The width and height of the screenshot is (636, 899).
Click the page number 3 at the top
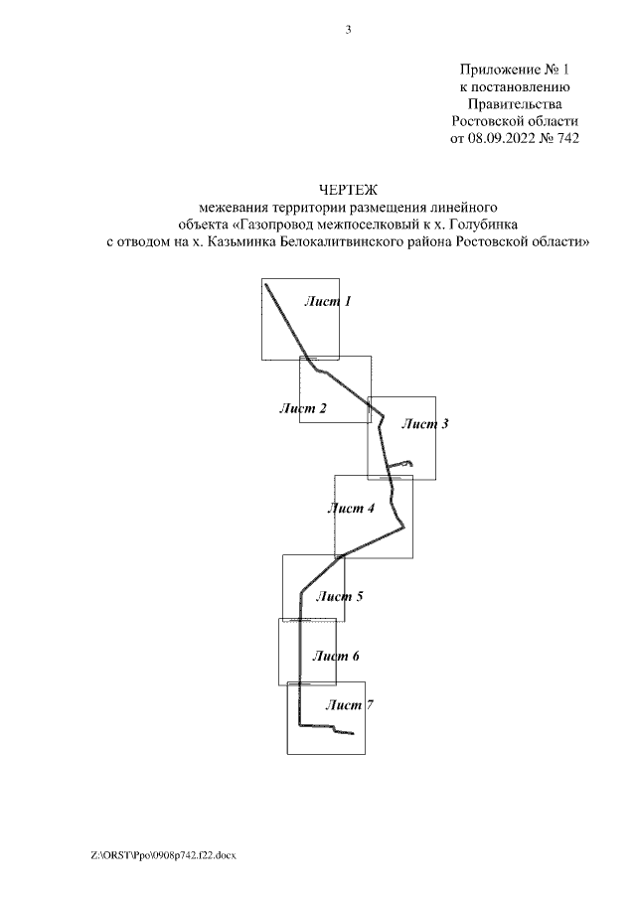[348, 29]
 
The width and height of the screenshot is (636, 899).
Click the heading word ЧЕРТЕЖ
[348, 189]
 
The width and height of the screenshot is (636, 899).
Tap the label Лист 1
[328, 301]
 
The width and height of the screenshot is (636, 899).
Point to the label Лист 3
[424, 424]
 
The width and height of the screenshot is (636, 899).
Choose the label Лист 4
[351, 509]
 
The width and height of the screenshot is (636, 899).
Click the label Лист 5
[339, 597]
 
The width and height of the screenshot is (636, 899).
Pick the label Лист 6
[335, 657]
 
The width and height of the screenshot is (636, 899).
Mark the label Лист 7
[349, 705]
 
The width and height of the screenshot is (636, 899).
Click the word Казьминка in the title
[240, 241]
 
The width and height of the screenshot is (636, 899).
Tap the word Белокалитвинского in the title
[347, 241]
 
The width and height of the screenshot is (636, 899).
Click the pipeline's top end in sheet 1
[266, 286]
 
